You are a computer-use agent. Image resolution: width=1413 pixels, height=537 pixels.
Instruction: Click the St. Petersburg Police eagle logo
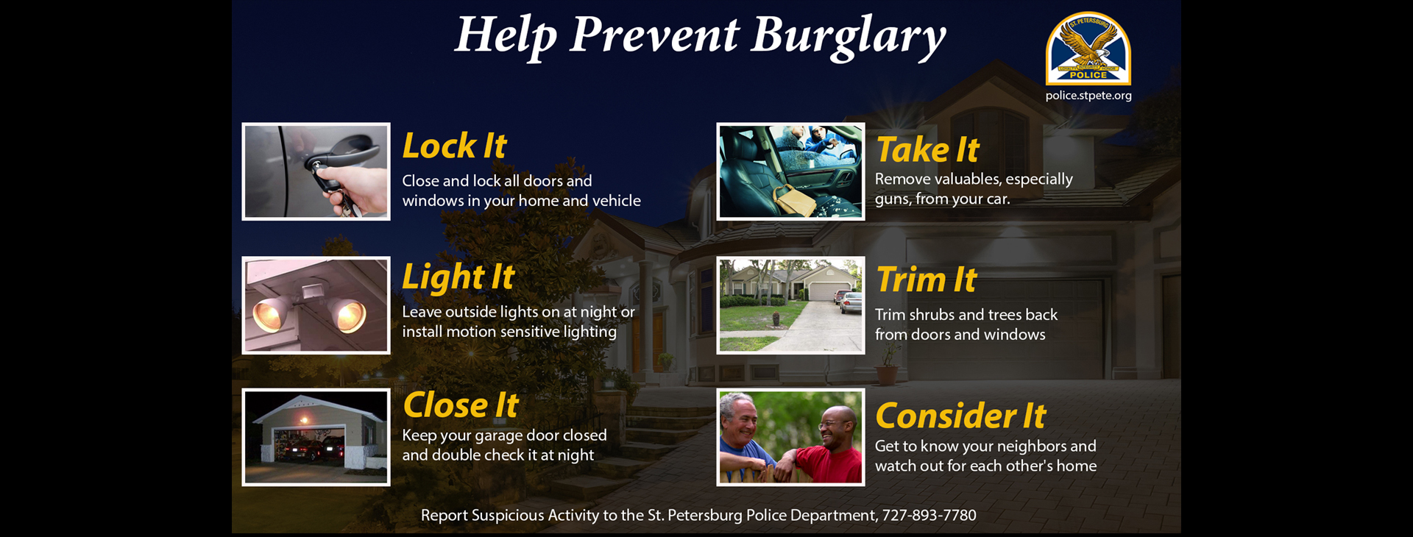tap(1088, 49)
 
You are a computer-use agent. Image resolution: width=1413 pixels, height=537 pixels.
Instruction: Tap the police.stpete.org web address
tap(1088, 96)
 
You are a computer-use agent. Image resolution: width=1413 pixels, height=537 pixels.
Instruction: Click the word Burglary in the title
tap(847, 35)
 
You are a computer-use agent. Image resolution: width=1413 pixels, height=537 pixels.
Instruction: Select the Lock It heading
tap(454, 146)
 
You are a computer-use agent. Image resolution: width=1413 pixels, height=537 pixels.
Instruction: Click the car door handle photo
tap(316, 171)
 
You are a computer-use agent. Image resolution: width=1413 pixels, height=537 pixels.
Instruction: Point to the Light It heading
tap(458, 277)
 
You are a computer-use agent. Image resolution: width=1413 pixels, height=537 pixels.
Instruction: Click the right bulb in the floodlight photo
tap(350, 315)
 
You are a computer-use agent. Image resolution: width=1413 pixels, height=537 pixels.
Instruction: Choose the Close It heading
tap(461, 405)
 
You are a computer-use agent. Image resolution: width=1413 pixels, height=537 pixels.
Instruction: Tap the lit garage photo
tap(316, 437)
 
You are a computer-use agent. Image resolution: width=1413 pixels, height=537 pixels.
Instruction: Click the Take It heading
tap(927, 150)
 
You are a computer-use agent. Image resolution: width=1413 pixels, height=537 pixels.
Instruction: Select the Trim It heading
tap(926, 280)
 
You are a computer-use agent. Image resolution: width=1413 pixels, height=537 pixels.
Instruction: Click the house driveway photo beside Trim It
tap(790, 305)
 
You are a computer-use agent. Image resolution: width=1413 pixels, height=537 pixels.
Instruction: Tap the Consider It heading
tap(960, 416)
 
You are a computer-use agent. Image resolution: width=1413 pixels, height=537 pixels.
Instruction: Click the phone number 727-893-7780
tap(929, 515)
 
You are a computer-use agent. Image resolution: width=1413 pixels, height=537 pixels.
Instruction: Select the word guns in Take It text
tap(892, 199)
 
